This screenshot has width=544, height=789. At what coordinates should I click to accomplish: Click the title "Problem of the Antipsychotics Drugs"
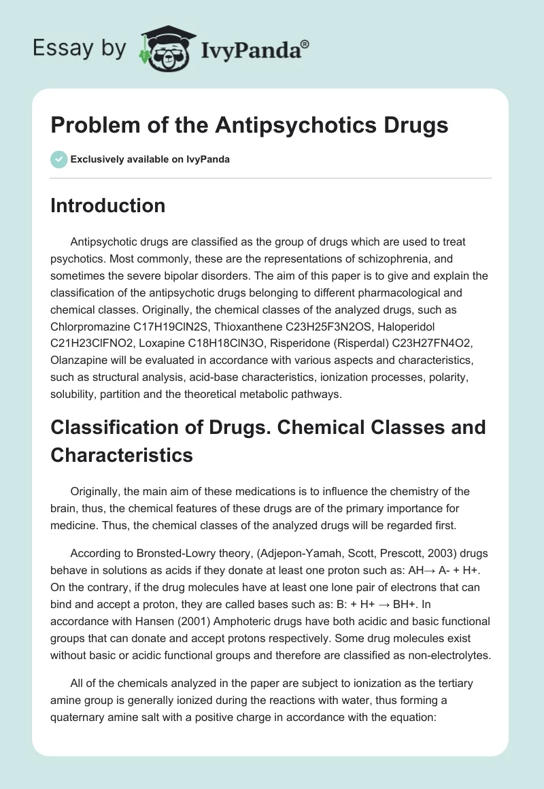[249, 126]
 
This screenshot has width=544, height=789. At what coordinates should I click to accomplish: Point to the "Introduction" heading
[107, 205]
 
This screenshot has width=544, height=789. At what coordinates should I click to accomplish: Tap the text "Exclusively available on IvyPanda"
[150, 159]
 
